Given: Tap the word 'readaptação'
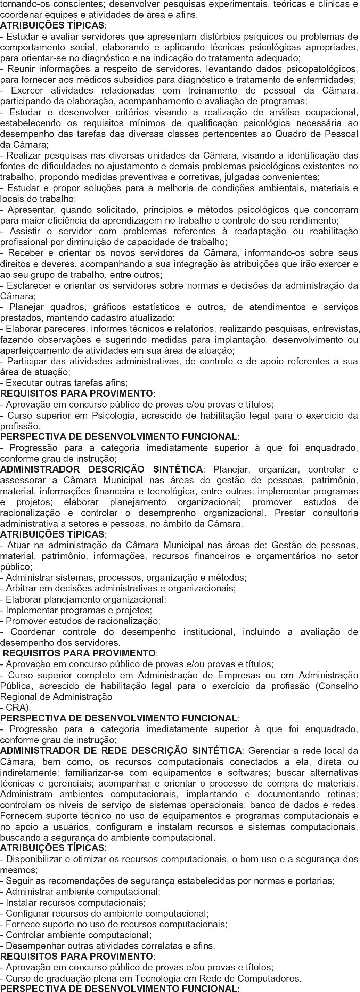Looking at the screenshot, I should [x=264, y=231].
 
